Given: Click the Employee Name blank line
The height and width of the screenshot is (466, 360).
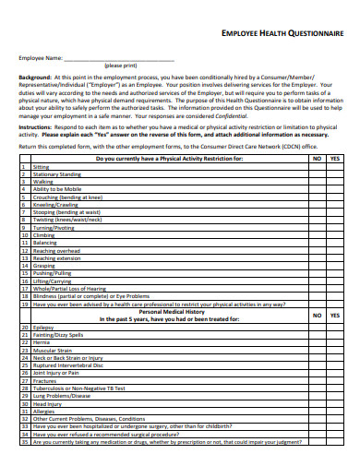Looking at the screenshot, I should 121,59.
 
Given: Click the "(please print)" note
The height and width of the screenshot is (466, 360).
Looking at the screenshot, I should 121,66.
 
